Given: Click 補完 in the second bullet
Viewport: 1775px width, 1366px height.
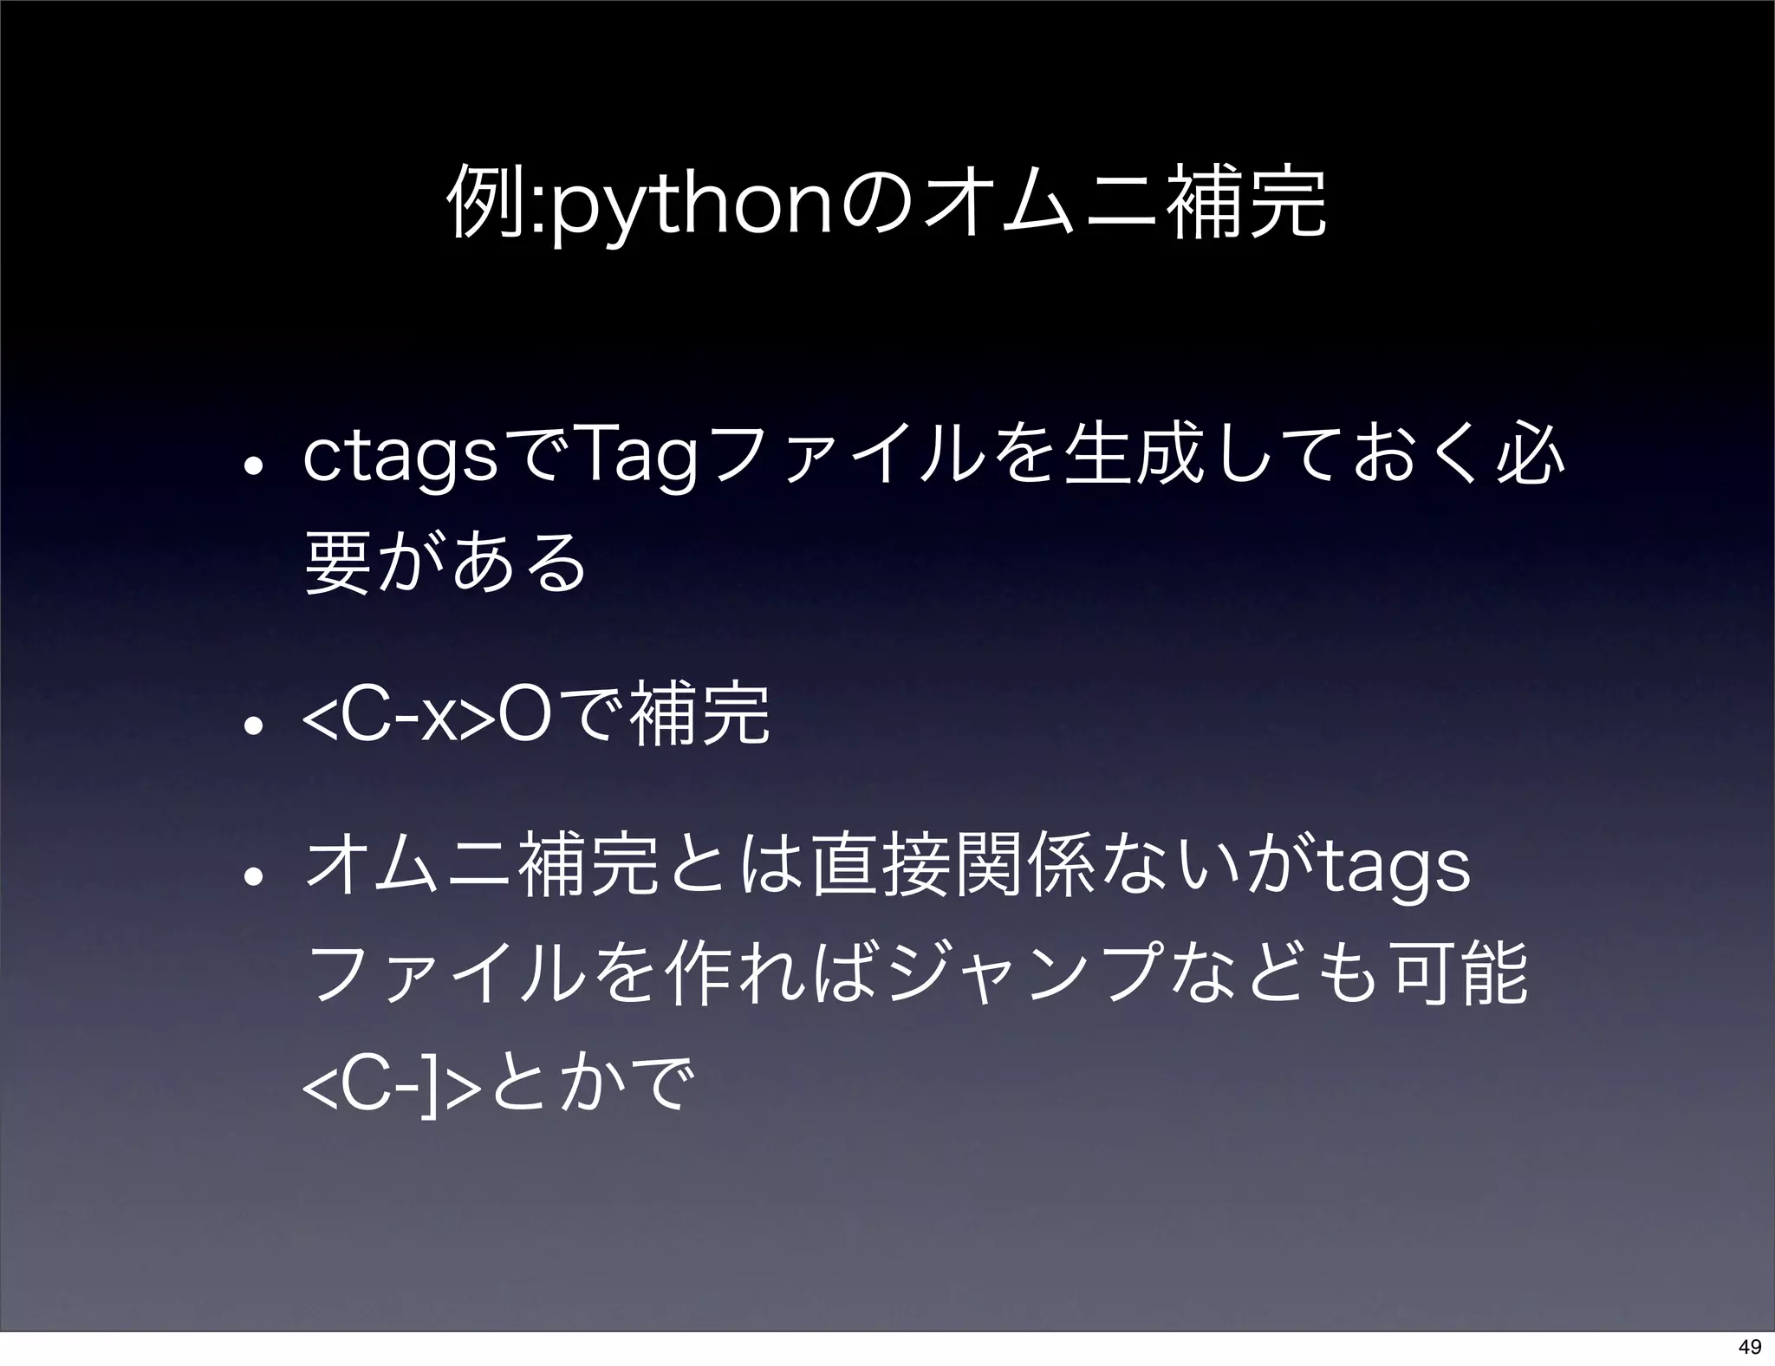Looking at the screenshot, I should [702, 714].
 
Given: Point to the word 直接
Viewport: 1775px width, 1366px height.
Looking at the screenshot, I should [875, 867].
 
